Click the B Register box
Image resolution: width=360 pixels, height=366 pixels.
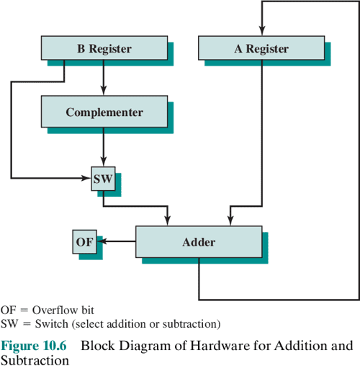click(104, 49)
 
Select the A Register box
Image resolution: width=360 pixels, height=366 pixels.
click(261, 49)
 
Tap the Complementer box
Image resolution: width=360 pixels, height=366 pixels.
click(104, 112)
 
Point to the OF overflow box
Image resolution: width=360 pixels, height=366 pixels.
click(84, 242)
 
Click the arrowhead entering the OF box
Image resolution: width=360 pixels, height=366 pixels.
click(101, 242)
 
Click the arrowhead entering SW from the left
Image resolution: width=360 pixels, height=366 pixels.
click(86, 177)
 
